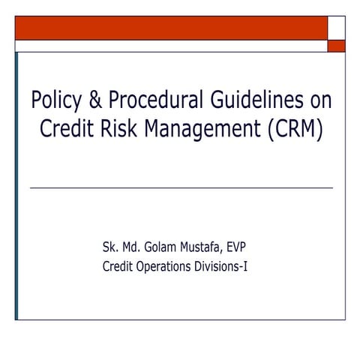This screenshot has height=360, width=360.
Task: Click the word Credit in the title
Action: (68, 129)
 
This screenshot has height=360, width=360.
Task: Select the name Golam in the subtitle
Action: (158, 246)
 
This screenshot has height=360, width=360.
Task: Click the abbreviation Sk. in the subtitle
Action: (109, 246)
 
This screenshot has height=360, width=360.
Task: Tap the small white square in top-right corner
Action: (337, 28)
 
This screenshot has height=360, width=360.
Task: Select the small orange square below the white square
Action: (337, 46)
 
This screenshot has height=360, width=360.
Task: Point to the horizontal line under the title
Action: (181, 187)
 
